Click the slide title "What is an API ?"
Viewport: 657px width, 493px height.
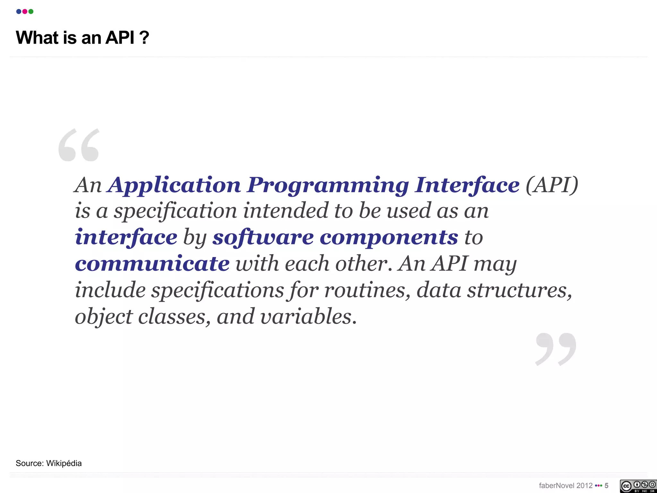pyautogui.click(x=82, y=38)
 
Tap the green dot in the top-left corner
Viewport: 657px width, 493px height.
pyautogui.click(x=31, y=12)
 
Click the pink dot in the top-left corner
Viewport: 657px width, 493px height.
pyautogui.click(x=25, y=12)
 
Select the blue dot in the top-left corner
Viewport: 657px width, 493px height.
pyautogui.click(x=19, y=12)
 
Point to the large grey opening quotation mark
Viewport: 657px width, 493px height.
pyautogui.click(x=79, y=145)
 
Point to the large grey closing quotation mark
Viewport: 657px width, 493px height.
pyautogui.click(x=556, y=349)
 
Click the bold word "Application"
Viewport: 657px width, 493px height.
pyautogui.click(x=174, y=186)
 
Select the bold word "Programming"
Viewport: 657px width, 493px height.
pyautogui.click(x=328, y=186)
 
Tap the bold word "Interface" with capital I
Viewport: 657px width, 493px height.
pyautogui.click(x=467, y=186)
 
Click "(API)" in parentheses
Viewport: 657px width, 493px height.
pyautogui.click(x=552, y=186)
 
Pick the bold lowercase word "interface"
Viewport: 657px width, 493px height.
pyautogui.click(x=126, y=238)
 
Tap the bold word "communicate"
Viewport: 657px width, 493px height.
pyautogui.click(x=152, y=264)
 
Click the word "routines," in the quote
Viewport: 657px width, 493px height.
pyautogui.click(x=367, y=290)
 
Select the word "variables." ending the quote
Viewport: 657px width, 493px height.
pyautogui.click(x=308, y=316)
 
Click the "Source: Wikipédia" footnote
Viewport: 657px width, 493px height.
pyautogui.click(x=49, y=463)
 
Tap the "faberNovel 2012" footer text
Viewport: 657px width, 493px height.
pyautogui.click(x=566, y=486)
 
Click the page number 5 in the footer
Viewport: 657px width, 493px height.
pyautogui.click(x=606, y=486)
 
